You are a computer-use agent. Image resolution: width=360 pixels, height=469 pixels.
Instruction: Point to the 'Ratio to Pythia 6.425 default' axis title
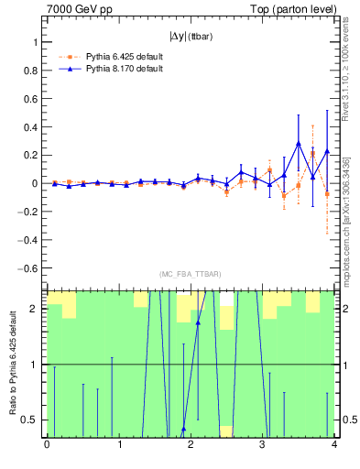coord(12,362)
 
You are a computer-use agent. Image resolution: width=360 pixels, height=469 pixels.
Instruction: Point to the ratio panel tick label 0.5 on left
coord(31,420)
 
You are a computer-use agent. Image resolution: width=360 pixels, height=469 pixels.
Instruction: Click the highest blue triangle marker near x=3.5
coord(299,143)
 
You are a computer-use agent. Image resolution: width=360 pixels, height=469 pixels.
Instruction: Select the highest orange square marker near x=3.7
coord(313,154)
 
